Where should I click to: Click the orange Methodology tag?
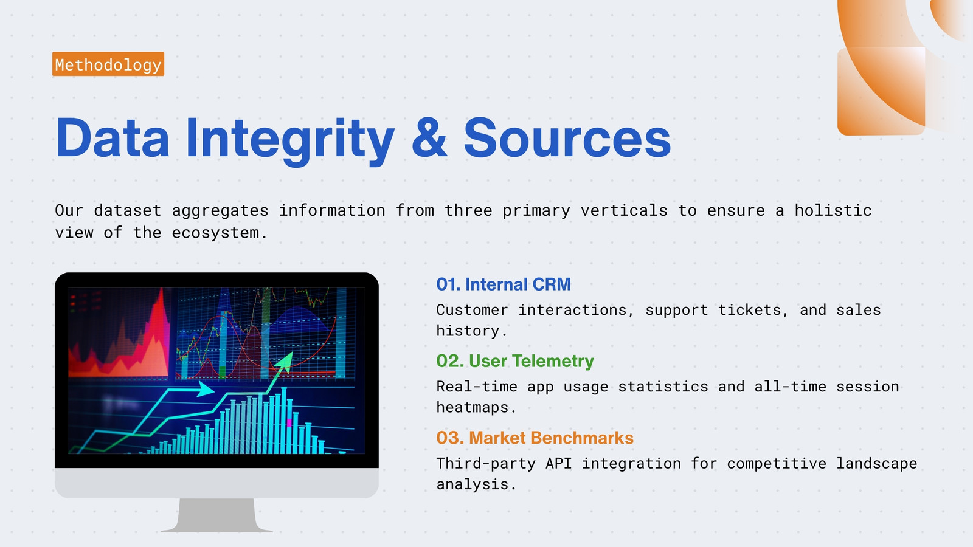coord(108,64)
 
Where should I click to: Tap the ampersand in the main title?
coord(429,137)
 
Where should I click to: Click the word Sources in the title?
coord(567,138)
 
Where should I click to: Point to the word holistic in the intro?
coord(833,210)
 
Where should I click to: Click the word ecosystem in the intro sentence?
coord(219,233)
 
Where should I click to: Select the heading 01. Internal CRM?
coord(504,284)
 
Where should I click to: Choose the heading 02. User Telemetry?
coord(514,361)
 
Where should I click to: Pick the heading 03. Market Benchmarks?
coord(535,438)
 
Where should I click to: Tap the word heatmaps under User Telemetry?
coord(476,408)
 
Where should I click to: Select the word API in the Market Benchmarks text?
coord(558,463)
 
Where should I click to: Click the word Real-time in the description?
coord(477,387)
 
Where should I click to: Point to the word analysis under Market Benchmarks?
coord(476,484)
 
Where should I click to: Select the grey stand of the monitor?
coord(216,515)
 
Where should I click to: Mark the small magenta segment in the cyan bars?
coord(289,422)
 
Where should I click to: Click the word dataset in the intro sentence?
coord(127,210)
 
